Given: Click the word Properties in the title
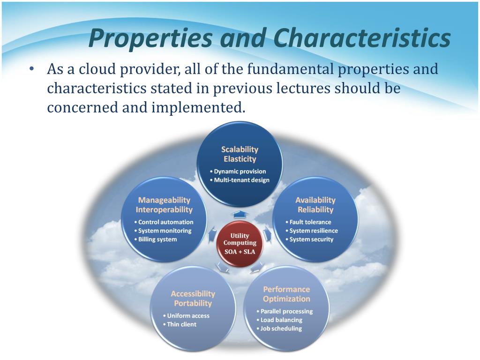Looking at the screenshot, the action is (x=150, y=38).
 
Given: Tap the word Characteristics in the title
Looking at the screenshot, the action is (x=361, y=37).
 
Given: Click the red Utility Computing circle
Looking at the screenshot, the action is (x=240, y=244).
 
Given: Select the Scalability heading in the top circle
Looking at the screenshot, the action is (x=240, y=150).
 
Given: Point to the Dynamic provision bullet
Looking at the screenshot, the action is (x=238, y=172).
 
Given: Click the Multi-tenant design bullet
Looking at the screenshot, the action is (x=240, y=180).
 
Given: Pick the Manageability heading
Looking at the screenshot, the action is (x=164, y=200).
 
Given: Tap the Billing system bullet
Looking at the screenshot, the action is (x=156, y=240).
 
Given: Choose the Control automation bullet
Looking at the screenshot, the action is (x=164, y=222).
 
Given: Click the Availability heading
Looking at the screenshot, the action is (x=315, y=200).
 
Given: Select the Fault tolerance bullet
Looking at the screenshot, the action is (x=308, y=222).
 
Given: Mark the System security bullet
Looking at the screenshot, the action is (x=309, y=240).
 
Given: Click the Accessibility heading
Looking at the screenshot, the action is (x=193, y=294).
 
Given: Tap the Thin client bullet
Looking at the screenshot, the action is (x=180, y=324).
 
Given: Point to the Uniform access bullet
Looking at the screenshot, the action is (x=186, y=316).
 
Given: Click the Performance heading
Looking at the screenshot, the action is (x=286, y=289).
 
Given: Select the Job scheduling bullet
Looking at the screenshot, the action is (x=279, y=329).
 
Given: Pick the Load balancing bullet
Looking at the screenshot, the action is (x=279, y=320).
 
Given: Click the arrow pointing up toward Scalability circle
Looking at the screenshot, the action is (x=240, y=214).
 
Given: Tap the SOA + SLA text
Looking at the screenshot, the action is (x=240, y=252).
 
